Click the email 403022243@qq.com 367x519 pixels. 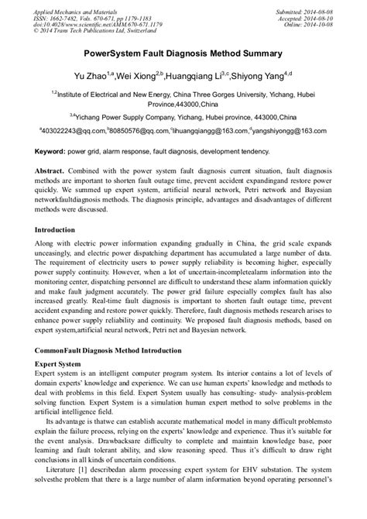click(72, 131)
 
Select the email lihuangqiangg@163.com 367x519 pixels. click(209, 131)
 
